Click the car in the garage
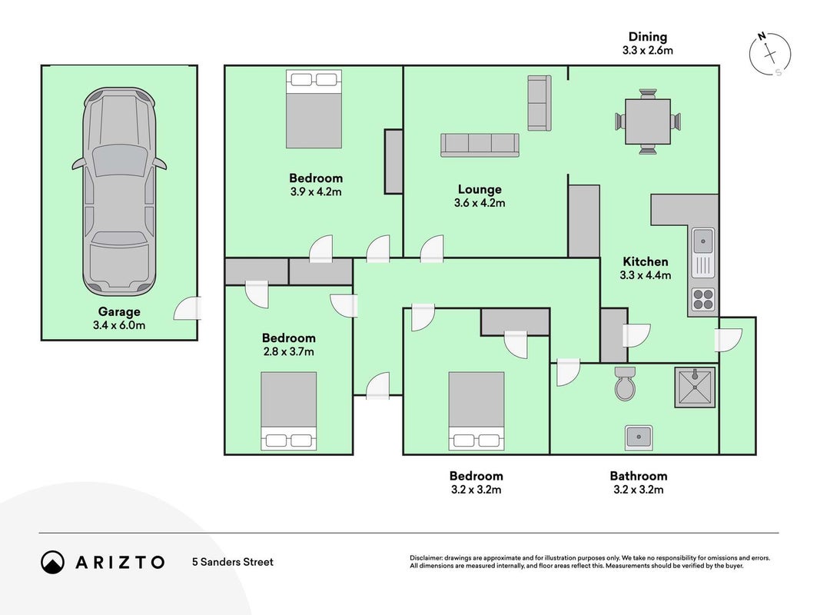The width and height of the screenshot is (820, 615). coord(119,191)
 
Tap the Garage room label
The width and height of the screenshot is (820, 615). coord(119,311)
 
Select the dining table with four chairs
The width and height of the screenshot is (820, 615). coord(647,121)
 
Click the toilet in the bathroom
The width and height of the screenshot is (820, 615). coord(625,383)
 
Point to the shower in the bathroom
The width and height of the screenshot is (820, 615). coord(695,387)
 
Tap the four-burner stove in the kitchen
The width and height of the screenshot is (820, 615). coord(703,300)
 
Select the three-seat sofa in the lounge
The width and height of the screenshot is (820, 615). coord(480,145)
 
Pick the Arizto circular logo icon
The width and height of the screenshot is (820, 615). coord(52,562)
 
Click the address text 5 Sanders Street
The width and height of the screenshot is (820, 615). coord(233,562)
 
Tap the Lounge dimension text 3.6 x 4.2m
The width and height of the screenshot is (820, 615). coord(480,203)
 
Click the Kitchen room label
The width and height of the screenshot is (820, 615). coord(646,261)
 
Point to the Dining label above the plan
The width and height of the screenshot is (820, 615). coord(647,37)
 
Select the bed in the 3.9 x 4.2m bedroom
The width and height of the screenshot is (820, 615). coord(314,108)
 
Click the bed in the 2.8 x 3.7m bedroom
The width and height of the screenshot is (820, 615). coord(289,411)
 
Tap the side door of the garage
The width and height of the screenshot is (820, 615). coord(188,308)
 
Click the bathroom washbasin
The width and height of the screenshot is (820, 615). coord(639,437)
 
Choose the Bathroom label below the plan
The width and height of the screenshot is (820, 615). coord(639,476)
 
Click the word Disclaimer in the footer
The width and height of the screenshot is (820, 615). coord(426,558)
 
